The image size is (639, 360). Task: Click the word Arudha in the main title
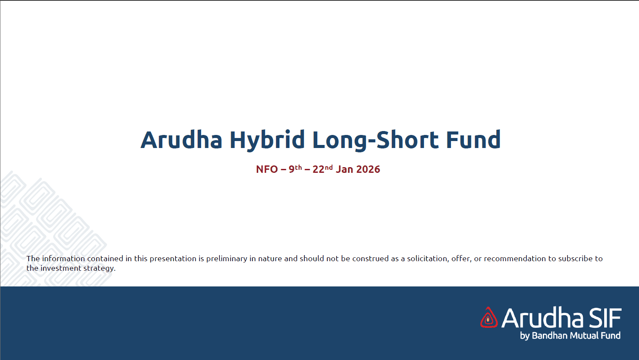pos(182,139)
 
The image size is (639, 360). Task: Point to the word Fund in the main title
pos(474,139)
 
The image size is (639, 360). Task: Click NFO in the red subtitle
pos(267,169)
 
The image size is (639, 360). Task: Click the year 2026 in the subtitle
pos(368,169)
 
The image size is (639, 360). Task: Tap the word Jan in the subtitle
pos(344,169)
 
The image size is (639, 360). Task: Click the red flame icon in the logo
pos(489,317)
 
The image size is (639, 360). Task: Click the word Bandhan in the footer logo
pos(550,335)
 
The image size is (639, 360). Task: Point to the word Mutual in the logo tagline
pos(585,335)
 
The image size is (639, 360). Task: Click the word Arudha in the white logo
pos(542,317)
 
